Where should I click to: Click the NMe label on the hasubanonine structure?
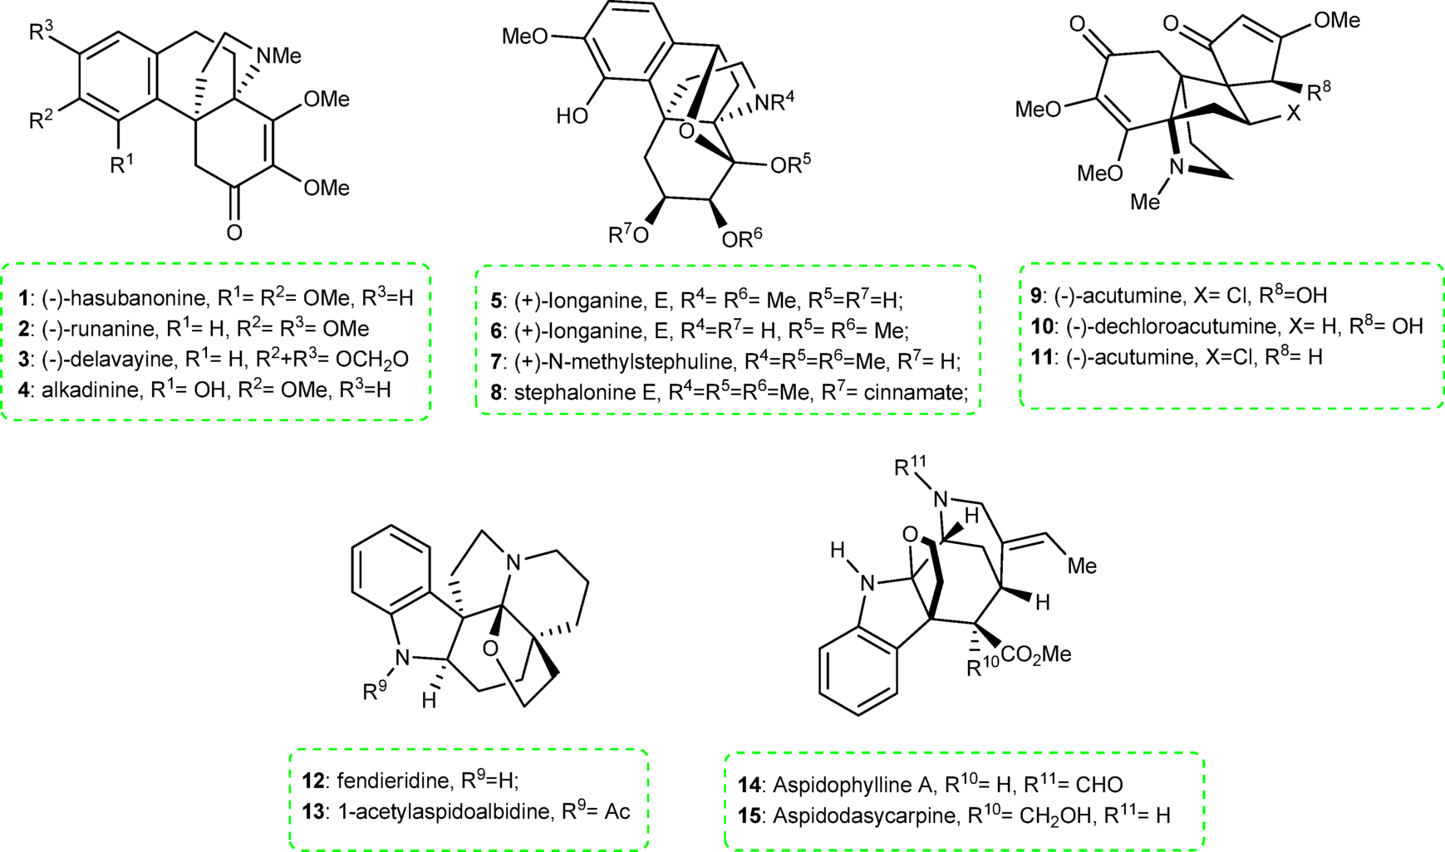pyautogui.click(x=278, y=56)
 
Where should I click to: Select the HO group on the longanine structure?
pyautogui.click(x=573, y=115)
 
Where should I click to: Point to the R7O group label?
pyautogui.click(x=629, y=236)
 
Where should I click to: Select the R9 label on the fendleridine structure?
pyautogui.click(x=376, y=689)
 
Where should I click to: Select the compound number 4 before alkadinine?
pyautogui.click(x=25, y=390)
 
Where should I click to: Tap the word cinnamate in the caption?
pyautogui.click(x=922, y=392)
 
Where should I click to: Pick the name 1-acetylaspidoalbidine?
pyautogui.click(x=445, y=811)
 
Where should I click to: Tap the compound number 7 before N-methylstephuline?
pyautogui.click(x=496, y=361)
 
